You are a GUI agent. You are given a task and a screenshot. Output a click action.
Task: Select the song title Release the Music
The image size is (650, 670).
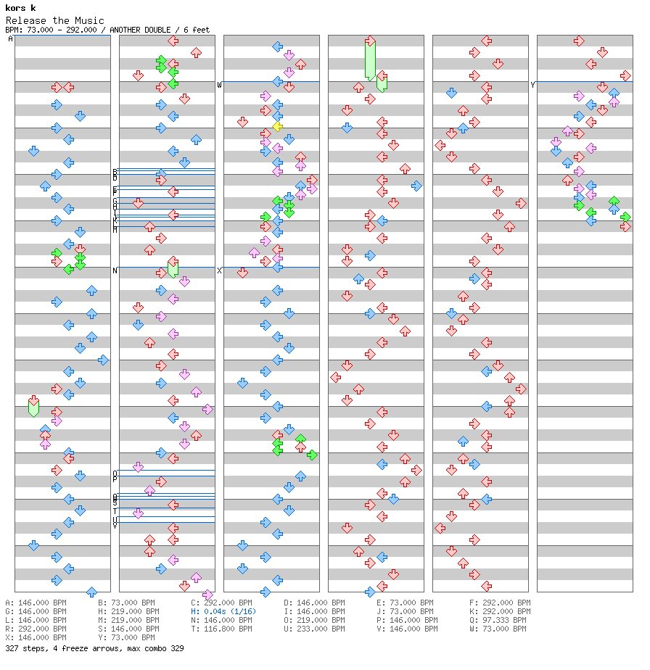[55, 20]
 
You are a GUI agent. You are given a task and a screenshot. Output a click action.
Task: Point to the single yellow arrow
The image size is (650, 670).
[277, 127]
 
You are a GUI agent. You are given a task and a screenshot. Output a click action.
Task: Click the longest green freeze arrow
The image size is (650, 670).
[370, 59]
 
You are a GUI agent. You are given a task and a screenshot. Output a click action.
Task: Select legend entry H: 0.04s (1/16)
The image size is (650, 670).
[223, 611]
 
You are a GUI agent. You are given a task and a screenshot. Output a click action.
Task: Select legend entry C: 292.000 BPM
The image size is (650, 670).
[222, 603]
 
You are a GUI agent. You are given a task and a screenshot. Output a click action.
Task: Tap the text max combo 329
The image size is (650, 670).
[159, 648]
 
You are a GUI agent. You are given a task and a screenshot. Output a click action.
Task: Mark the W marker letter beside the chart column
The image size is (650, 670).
[220, 85]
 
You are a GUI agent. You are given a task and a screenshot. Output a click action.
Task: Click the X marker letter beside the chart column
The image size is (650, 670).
[220, 270]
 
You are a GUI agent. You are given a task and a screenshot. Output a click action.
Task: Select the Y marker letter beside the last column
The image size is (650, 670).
[533, 85]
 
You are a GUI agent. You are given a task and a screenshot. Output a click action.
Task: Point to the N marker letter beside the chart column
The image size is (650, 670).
[115, 270]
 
